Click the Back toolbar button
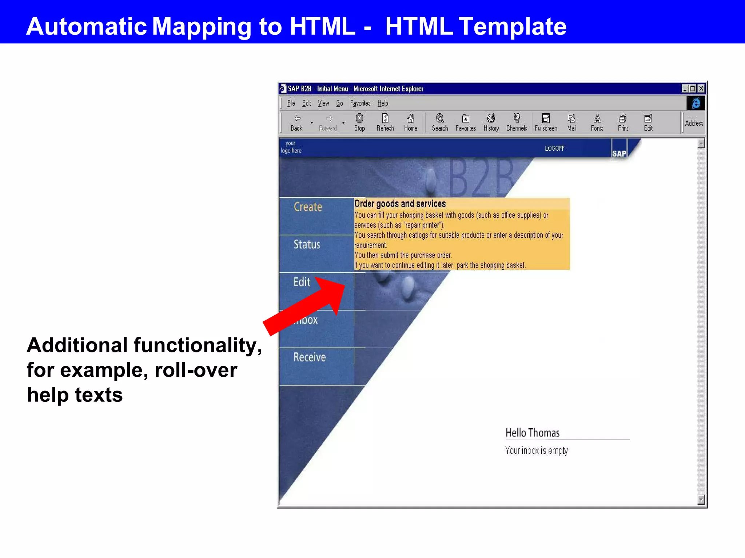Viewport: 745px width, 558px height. click(297, 122)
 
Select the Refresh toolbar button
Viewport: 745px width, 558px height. click(385, 122)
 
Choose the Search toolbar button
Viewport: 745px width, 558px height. click(440, 122)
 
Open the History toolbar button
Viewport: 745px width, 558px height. click(491, 122)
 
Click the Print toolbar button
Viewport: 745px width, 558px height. click(623, 122)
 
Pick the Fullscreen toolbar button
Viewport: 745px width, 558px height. click(546, 122)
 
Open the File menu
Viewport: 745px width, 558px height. click(291, 103)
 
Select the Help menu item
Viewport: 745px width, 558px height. click(383, 103)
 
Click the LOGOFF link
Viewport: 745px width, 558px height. click(554, 148)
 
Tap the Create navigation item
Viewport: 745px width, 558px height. click(308, 207)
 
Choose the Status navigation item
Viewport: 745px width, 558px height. click(307, 244)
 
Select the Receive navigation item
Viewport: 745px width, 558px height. click(310, 357)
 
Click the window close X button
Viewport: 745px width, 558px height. click(701, 88)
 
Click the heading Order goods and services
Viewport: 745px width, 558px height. click(400, 204)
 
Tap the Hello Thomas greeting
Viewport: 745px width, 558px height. click(532, 433)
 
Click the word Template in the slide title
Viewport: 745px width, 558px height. click(512, 26)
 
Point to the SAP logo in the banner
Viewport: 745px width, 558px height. click(619, 153)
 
